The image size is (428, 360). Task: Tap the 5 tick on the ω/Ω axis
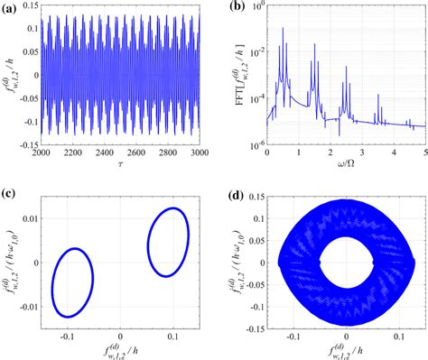(424, 152)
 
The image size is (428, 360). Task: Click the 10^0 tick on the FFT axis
(256, 7)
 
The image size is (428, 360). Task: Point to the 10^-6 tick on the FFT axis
(254, 143)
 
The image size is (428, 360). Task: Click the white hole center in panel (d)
(347, 263)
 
